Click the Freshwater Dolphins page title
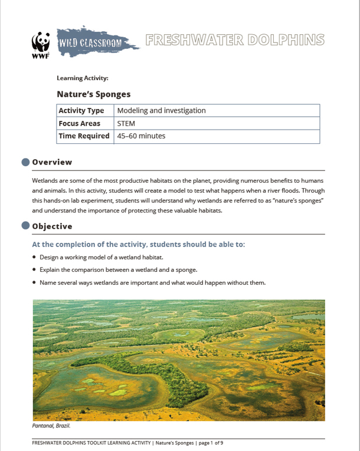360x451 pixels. click(x=234, y=40)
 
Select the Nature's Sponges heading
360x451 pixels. click(x=93, y=94)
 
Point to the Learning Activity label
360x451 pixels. click(x=82, y=78)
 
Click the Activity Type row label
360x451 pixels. click(x=81, y=111)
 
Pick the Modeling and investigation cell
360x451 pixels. click(x=161, y=111)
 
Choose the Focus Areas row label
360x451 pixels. click(x=79, y=124)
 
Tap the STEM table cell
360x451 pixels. click(x=126, y=124)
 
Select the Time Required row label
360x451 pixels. click(x=84, y=136)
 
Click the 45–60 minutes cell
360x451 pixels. click(x=141, y=136)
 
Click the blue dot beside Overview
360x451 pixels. click(x=25, y=162)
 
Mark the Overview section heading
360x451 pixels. click(x=52, y=162)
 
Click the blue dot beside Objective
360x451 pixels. click(x=25, y=226)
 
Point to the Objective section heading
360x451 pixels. click(x=52, y=226)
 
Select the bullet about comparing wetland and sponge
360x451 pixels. click(x=118, y=269)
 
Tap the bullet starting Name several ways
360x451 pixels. click(x=152, y=282)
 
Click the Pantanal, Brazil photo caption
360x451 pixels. click(x=51, y=424)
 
